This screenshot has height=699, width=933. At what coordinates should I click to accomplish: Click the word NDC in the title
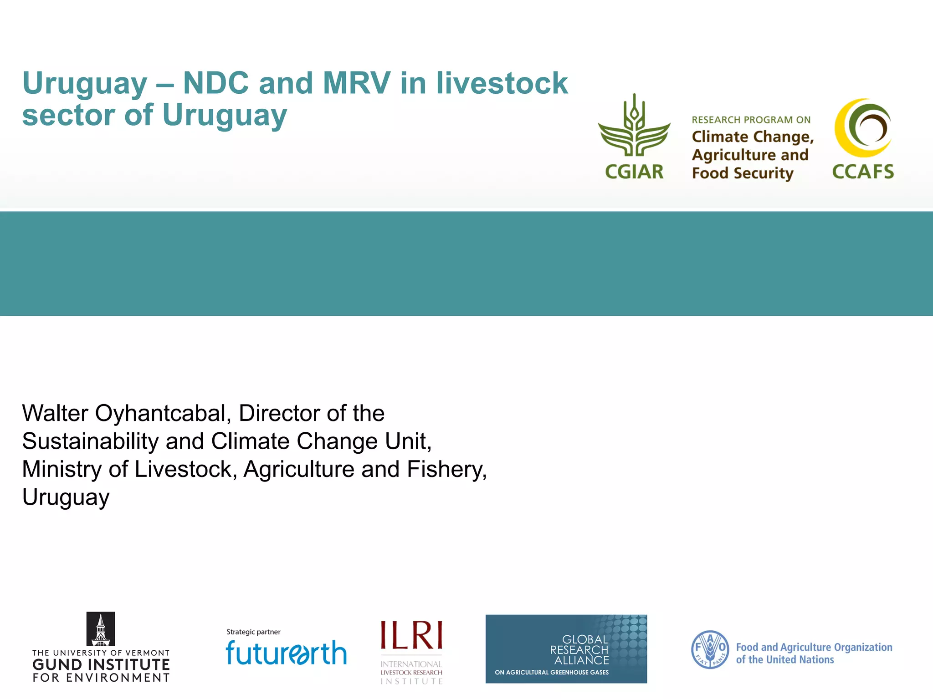point(216,83)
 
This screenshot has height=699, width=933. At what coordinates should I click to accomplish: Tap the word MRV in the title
point(356,83)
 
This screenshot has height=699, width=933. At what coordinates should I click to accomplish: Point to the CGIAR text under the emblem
point(634,172)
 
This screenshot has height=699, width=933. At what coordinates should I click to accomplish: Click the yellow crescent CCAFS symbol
point(862,128)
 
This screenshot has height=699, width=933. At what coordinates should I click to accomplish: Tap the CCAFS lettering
point(863,172)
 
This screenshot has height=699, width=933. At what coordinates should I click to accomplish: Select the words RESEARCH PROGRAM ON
point(751,120)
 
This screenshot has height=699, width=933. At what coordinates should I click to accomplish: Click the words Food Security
point(743,173)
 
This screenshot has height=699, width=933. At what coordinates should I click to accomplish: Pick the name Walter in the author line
point(55,414)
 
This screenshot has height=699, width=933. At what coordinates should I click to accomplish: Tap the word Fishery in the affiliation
point(446,470)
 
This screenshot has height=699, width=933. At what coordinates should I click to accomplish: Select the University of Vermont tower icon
point(101,629)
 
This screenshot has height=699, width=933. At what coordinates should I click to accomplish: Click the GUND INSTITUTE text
point(101,665)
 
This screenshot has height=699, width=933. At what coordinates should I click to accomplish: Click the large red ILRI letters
point(411,635)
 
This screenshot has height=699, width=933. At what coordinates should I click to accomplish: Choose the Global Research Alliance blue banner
point(566,648)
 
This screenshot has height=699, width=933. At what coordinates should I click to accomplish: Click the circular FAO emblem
point(710,649)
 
